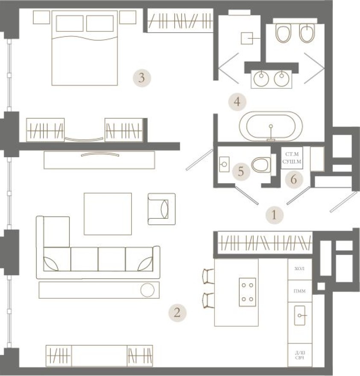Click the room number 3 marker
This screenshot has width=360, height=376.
(142, 78)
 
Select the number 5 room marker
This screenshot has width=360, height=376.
(241, 172)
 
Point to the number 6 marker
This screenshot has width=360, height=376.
(293, 179)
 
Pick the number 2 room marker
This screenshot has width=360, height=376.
(178, 313)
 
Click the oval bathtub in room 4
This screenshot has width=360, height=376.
(270, 126)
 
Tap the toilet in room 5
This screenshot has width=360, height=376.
(261, 164)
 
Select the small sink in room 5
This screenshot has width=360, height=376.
(224, 164)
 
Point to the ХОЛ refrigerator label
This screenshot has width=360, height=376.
(300, 269)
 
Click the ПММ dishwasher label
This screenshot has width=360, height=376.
(300, 291)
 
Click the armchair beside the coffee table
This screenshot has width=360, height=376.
(161, 209)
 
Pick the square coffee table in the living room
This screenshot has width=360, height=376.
(108, 214)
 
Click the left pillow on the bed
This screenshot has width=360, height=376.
(70, 24)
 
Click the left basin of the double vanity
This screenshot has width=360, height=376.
(260, 78)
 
